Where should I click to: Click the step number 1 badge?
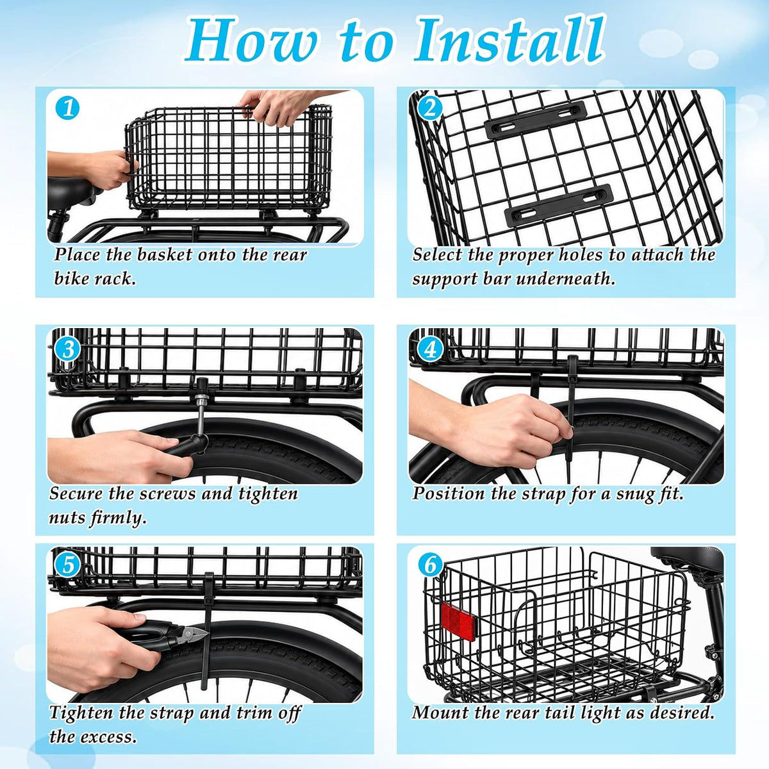(67, 108)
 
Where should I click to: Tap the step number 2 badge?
(429, 109)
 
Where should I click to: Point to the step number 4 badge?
(429, 349)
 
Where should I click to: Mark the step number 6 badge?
(430, 565)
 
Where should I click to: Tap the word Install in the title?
(508, 42)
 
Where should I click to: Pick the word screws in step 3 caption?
(165, 494)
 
